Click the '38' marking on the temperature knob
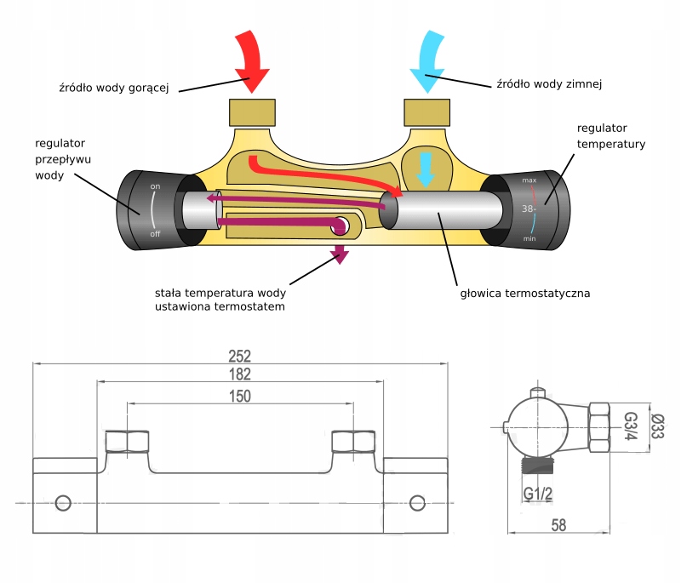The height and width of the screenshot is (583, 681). [527, 208]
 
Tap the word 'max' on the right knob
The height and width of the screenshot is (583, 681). [529, 181]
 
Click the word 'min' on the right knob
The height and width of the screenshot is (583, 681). [529, 239]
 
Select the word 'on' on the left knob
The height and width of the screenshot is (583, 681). [155, 186]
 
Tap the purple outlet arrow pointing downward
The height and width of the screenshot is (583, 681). [340, 254]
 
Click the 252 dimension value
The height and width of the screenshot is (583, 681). [241, 355]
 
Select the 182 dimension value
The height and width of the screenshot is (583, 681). [241, 375]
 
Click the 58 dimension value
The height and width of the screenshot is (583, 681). [558, 525]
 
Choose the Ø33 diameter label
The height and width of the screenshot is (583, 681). [656, 426]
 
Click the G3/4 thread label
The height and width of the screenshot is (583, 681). [631, 426]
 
